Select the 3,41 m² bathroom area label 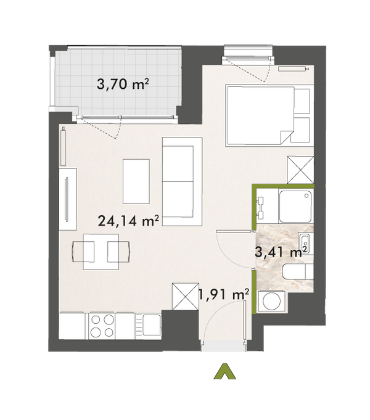coord(277,251)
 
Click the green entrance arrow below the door coord(226,373)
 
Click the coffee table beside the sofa coord(136,181)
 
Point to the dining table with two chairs coord(102,250)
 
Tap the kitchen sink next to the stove coord(149,324)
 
